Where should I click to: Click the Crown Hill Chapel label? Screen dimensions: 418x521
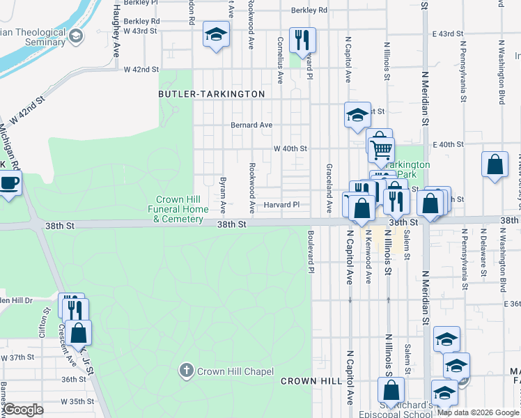pyautogui.click(x=235, y=371)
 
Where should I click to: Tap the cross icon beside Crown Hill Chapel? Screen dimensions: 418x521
pyautogui.click(x=186, y=371)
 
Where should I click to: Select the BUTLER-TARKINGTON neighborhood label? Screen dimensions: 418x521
pyautogui.click(x=212, y=94)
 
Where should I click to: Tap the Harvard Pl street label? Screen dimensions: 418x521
pyautogui.click(x=281, y=205)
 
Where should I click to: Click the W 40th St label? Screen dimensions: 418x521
pyautogui.click(x=290, y=148)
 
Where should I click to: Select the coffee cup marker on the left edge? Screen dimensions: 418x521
pyautogui.click(x=8, y=183)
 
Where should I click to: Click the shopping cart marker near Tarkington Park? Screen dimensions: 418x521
pyautogui.click(x=381, y=148)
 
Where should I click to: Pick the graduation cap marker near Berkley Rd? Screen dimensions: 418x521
pyautogui.click(x=217, y=33)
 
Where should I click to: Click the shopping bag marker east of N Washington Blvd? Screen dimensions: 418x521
pyautogui.click(x=495, y=166)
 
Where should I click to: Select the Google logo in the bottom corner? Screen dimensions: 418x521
pyautogui.click(x=24, y=410)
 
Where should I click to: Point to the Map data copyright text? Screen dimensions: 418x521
pyautogui.click(x=478, y=412)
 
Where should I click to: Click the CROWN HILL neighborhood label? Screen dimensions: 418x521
pyautogui.click(x=311, y=381)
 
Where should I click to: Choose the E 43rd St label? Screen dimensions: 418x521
pyautogui.click(x=447, y=33)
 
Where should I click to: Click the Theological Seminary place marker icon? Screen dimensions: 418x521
pyautogui.click(x=76, y=34)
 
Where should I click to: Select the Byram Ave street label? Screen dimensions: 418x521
pyautogui.click(x=224, y=194)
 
